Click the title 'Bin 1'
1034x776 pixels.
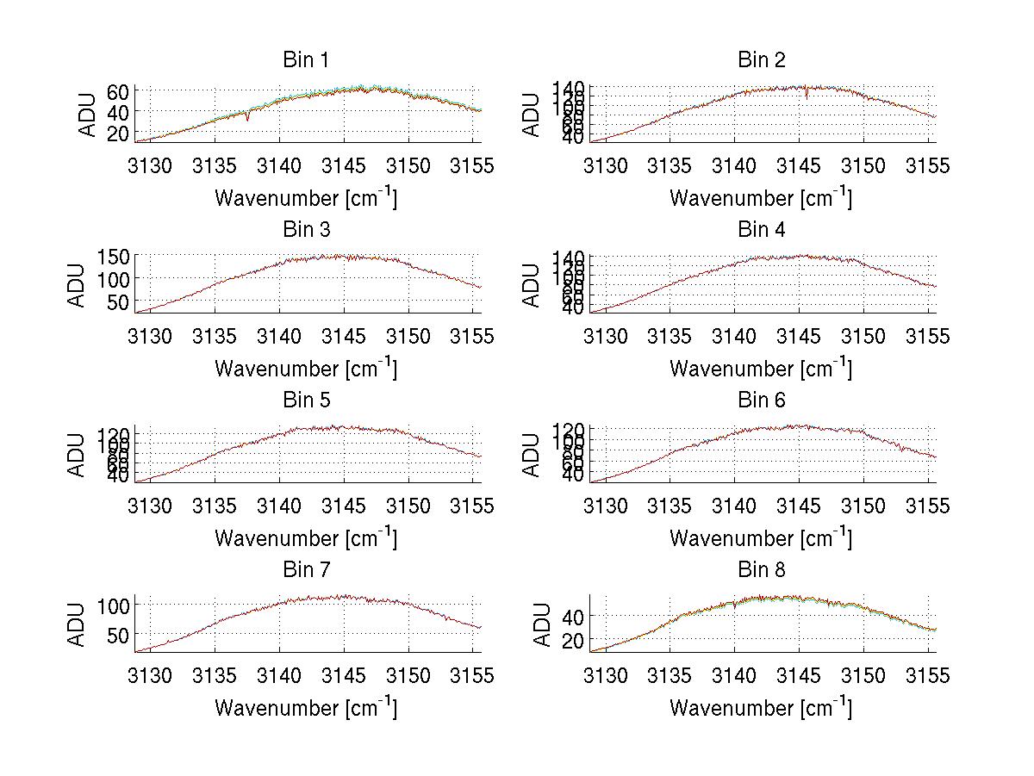(x=306, y=60)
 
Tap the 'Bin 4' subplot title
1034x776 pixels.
(x=761, y=230)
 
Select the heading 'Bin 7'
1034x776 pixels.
(x=306, y=570)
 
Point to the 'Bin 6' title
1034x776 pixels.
(x=761, y=400)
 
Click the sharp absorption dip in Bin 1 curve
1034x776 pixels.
(x=247, y=118)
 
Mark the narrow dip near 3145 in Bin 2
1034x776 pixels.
(x=807, y=96)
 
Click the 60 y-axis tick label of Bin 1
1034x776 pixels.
(x=119, y=91)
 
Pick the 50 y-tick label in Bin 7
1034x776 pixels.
(x=119, y=635)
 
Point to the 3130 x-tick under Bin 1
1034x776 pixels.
(x=152, y=165)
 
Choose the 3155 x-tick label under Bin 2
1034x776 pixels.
(x=927, y=165)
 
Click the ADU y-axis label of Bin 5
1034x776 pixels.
(x=78, y=454)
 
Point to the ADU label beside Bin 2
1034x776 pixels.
(x=533, y=115)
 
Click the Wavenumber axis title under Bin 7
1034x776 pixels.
(x=306, y=708)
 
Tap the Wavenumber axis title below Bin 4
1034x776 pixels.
(x=761, y=369)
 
